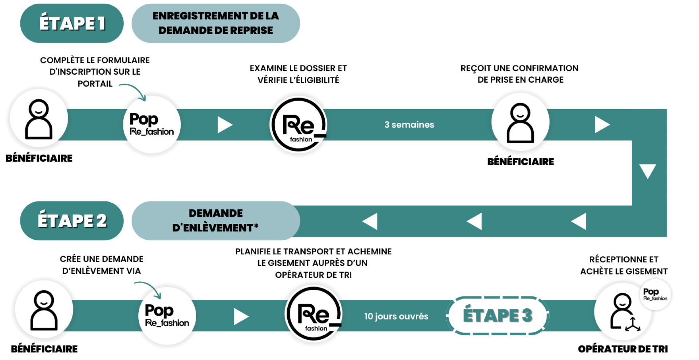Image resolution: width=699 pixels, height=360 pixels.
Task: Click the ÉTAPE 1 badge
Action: [72, 23]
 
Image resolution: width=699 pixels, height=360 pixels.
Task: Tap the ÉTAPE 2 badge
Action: [72, 221]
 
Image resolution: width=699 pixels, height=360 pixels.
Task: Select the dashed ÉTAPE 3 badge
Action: [497, 315]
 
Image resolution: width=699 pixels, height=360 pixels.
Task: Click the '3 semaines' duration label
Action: [409, 124]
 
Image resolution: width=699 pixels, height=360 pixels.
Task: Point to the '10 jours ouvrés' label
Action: [396, 316]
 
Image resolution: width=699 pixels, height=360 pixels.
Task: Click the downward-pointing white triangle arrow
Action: [647, 171]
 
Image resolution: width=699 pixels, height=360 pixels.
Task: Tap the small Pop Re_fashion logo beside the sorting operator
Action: [655, 294]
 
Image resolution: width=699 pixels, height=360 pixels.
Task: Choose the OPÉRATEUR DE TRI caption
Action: [623, 349]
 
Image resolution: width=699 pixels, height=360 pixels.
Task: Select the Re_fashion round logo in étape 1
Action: [299, 125]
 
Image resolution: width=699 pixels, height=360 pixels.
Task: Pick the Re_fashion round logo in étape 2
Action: [313, 314]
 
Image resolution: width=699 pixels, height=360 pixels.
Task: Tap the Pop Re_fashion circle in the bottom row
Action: [167, 316]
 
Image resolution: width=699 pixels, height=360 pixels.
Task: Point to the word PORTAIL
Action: [95, 84]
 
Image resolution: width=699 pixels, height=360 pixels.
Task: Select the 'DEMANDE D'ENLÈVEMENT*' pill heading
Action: [216, 221]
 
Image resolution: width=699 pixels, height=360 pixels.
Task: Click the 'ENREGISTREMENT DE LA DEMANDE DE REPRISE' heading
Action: [216, 23]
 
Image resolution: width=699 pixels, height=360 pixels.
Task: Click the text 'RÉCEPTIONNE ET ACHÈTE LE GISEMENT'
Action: [624, 265]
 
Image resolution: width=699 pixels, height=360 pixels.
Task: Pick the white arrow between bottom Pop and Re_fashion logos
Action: [241, 316]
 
